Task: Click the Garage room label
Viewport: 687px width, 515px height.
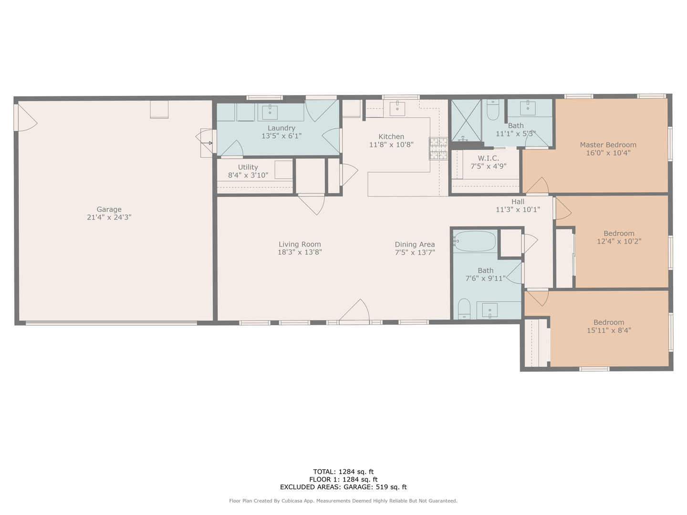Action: (x=109, y=209)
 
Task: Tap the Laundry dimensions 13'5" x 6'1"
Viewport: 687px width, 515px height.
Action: (x=281, y=136)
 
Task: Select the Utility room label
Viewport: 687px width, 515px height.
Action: (x=248, y=167)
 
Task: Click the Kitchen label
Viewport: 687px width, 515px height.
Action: (x=391, y=137)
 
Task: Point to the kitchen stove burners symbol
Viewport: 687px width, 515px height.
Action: (x=438, y=148)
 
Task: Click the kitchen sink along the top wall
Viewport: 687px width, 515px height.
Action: (x=397, y=108)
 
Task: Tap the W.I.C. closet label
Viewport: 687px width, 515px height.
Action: (x=488, y=158)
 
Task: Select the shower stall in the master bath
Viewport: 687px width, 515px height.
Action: (x=466, y=120)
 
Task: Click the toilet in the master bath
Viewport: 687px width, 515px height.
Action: (x=493, y=112)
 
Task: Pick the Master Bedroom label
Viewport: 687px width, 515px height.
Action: (x=608, y=145)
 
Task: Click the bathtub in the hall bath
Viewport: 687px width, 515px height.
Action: (x=475, y=241)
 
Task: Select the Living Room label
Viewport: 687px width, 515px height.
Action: (x=300, y=245)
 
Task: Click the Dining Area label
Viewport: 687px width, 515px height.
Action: (x=415, y=245)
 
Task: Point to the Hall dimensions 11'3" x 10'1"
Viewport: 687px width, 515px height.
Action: (x=518, y=210)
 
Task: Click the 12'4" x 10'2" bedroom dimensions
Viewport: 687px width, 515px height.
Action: (x=619, y=241)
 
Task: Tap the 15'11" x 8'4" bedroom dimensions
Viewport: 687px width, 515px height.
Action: (x=609, y=330)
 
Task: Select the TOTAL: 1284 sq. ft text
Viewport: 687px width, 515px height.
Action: (x=343, y=472)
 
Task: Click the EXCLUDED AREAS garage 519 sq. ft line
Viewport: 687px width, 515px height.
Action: (x=343, y=487)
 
